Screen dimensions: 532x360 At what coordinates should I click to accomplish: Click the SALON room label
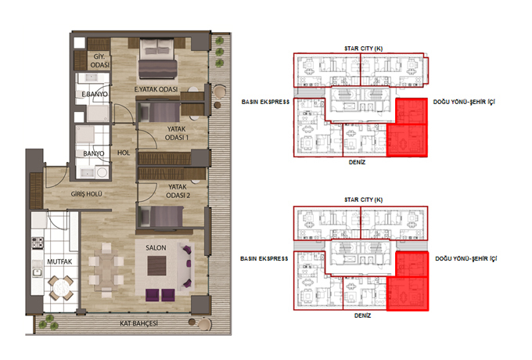156,247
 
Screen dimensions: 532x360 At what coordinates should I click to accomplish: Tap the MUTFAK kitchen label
59,261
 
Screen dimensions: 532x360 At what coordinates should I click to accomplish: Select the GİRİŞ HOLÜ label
86,194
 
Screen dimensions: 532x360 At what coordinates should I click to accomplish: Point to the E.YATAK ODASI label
156,89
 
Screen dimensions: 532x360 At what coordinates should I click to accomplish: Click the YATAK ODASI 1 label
177,133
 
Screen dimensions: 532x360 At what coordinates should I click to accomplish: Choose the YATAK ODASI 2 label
178,191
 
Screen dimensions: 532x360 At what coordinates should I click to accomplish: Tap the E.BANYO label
95,94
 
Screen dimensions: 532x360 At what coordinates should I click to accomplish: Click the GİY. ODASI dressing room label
100,60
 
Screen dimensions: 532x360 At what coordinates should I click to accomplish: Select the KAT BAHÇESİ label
138,323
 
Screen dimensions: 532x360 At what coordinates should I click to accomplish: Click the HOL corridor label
124,153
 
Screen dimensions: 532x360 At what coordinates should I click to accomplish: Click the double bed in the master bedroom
157,59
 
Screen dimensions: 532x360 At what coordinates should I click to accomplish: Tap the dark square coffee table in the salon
156,265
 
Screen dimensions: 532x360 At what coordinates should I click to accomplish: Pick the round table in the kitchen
61,288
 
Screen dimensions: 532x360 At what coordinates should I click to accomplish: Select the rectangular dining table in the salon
106,270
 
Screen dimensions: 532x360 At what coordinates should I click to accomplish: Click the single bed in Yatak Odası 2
160,216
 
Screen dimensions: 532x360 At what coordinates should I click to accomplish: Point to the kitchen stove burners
38,243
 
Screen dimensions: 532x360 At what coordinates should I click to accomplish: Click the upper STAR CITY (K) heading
363,49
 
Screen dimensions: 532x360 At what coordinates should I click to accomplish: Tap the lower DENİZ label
362,315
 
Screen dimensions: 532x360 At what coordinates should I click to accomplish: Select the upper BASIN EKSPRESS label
265,102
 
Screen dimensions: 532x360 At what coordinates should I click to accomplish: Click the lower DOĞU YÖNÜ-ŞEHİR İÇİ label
466,258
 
